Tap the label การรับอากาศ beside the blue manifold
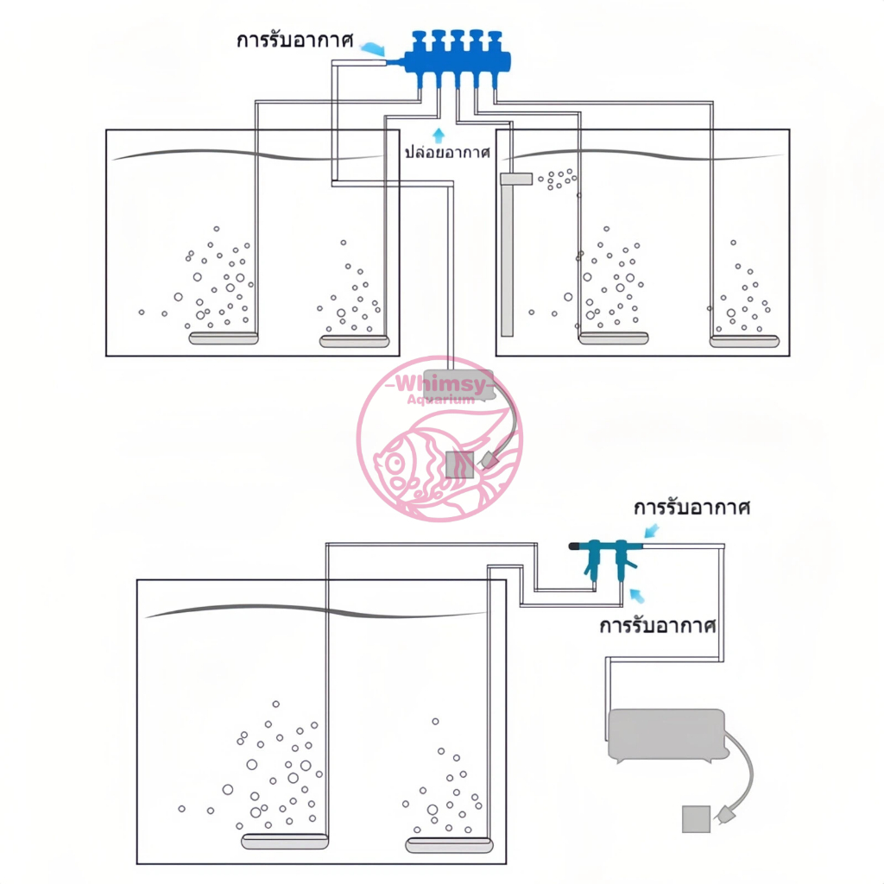coord(295,41)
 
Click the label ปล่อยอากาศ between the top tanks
coord(448,152)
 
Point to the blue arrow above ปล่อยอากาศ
coord(439,135)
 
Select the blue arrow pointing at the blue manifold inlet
coord(372,49)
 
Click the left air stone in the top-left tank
coord(224,338)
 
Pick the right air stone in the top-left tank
coord(354,341)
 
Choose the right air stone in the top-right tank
coord(744,341)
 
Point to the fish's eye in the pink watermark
coord(395,464)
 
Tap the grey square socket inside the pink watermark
coord(459,464)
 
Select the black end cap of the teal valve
coord(575,546)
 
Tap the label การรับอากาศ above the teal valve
coord(691,508)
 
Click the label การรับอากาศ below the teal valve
coord(657,626)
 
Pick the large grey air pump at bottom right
coord(667,735)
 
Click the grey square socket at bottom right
coord(696,818)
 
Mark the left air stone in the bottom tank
coord(285,841)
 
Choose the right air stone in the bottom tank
coord(449,845)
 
